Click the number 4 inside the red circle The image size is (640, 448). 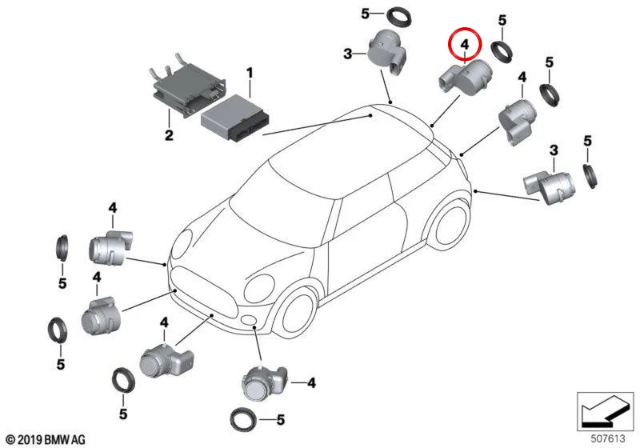[466, 44]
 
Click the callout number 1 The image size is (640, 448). [250, 74]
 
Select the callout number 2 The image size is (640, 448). [169, 134]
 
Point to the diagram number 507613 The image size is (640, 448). [608, 438]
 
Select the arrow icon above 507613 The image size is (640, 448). [606, 411]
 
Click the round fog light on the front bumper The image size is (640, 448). [248, 320]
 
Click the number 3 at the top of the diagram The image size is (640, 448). [348, 54]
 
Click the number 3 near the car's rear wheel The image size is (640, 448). [554, 150]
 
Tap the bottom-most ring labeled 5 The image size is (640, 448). [243, 419]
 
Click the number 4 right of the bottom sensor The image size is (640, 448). [311, 382]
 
